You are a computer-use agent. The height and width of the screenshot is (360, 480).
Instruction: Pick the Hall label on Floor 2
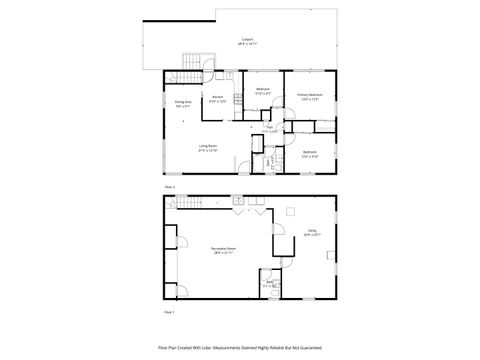click(x=269, y=127)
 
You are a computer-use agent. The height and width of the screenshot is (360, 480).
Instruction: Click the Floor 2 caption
click(x=170, y=186)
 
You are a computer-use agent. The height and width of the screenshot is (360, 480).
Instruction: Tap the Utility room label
click(x=311, y=232)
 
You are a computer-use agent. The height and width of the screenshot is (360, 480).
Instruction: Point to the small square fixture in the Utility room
click(x=290, y=211)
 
